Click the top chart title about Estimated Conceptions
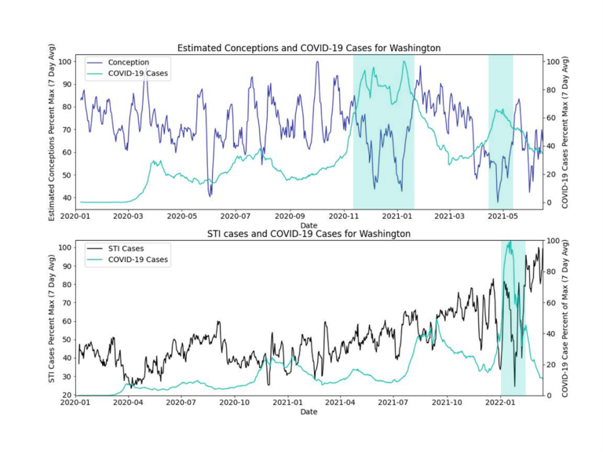[x=309, y=48]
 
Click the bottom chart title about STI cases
[x=309, y=234]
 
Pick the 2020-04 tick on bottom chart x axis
[x=128, y=402]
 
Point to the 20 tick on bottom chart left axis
[x=68, y=395]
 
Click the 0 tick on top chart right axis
[x=553, y=202]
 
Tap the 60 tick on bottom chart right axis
[x=554, y=302]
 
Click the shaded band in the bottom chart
[x=513, y=317]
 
